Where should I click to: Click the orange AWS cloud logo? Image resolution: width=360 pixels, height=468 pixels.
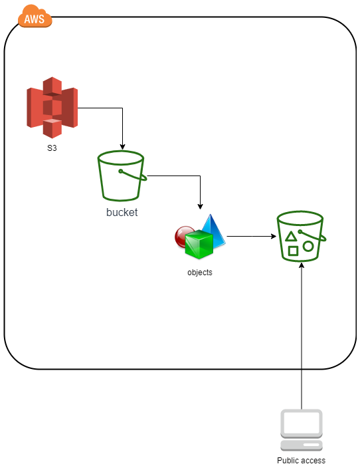(x=35, y=17)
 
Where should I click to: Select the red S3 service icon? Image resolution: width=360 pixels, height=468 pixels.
(x=52, y=108)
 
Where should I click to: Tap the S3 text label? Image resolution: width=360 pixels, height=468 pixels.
(x=52, y=148)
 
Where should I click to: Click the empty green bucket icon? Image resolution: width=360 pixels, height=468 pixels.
(x=122, y=175)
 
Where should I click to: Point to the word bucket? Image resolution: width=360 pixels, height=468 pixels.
(x=122, y=212)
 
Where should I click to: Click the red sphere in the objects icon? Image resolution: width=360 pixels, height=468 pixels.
(x=183, y=236)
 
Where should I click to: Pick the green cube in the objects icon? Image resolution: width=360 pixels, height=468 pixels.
(x=199, y=244)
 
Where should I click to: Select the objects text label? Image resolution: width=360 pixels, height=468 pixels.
(x=200, y=273)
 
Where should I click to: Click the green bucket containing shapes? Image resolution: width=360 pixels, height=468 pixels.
(x=301, y=237)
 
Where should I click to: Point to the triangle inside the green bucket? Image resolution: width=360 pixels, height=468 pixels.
(x=291, y=237)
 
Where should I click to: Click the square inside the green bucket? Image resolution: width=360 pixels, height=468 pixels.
(x=293, y=251)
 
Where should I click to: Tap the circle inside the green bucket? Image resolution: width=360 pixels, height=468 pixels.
(x=308, y=246)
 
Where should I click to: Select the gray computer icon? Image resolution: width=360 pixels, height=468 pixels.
(x=302, y=430)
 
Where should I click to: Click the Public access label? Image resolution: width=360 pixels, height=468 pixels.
(x=301, y=460)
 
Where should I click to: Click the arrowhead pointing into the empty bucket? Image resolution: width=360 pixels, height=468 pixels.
(x=122, y=147)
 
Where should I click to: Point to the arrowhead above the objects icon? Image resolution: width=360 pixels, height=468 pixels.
(x=200, y=206)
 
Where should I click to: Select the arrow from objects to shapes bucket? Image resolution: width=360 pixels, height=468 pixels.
(x=252, y=236)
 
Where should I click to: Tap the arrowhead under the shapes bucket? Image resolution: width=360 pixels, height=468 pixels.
(x=302, y=265)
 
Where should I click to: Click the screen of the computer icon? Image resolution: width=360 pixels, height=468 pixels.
(x=302, y=423)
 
